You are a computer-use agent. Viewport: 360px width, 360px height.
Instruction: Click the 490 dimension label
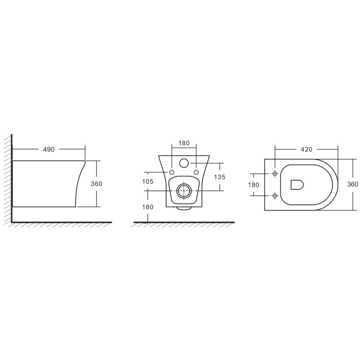(x=49, y=150)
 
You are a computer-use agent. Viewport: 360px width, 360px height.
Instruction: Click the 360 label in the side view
(x=96, y=184)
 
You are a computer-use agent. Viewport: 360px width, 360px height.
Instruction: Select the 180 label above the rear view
(x=184, y=143)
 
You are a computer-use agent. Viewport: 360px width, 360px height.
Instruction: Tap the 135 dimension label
(x=220, y=177)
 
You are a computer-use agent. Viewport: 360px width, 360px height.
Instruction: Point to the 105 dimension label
(x=148, y=182)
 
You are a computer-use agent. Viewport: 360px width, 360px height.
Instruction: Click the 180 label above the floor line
(x=148, y=207)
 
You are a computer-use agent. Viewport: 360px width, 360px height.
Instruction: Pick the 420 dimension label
(x=306, y=150)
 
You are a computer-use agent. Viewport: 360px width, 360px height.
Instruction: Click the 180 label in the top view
(x=254, y=185)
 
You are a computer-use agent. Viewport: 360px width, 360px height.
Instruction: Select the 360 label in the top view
(x=353, y=184)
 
